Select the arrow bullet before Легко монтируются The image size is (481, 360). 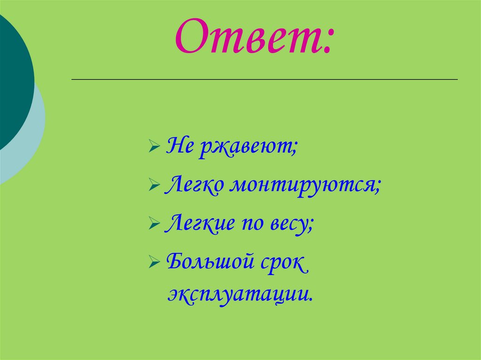pos(154,186)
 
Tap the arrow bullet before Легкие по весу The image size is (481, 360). pos(154,223)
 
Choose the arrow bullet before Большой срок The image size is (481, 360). pos(154,261)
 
